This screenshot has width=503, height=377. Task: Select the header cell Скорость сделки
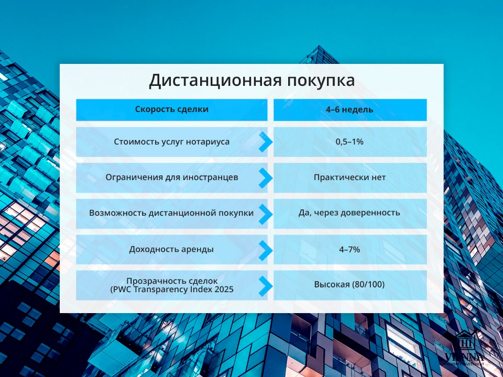(x=171, y=109)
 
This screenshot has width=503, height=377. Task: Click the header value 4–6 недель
(x=349, y=109)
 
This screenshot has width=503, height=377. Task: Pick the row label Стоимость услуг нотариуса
(x=171, y=142)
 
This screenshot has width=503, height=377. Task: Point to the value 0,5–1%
(x=349, y=142)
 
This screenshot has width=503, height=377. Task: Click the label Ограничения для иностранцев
(x=171, y=178)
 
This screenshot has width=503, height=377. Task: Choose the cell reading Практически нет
(x=349, y=178)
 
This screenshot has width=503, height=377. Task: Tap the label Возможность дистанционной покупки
(x=171, y=213)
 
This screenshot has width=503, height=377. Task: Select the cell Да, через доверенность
(x=349, y=213)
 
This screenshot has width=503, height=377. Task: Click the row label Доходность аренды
(x=171, y=249)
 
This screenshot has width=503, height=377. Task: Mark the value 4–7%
(x=349, y=249)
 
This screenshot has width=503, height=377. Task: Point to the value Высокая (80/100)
(x=349, y=285)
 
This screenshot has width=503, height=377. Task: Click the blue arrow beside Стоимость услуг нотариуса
(x=266, y=142)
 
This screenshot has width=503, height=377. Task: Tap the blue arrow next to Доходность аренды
(x=266, y=250)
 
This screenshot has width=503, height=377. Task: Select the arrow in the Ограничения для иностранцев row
(x=266, y=178)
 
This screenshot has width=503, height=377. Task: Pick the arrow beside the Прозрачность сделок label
(x=266, y=285)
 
